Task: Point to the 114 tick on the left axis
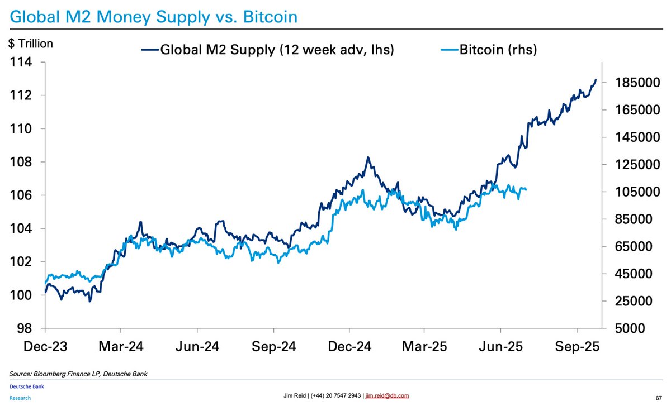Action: click(x=23, y=63)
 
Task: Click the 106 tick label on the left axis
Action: click(x=23, y=195)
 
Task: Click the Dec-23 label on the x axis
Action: click(x=45, y=346)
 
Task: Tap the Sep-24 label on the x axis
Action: click(x=272, y=346)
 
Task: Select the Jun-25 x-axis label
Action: click(x=500, y=346)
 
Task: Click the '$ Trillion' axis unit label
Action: click(x=31, y=44)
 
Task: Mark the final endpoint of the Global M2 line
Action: click(x=596, y=80)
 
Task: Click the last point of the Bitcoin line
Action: click(x=526, y=189)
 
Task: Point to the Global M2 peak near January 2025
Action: click(x=368, y=157)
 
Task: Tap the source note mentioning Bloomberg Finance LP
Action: click(x=78, y=373)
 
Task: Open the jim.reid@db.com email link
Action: click(x=386, y=395)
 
